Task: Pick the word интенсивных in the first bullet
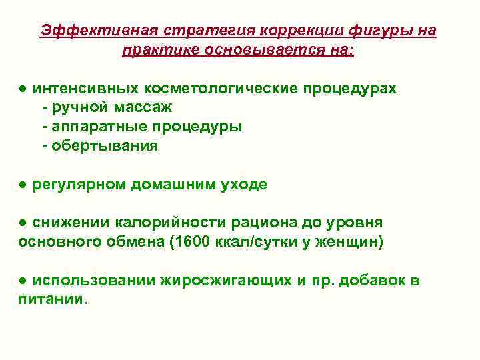(x=84, y=89)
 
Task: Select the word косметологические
(x=219, y=89)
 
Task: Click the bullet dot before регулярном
(x=23, y=185)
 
